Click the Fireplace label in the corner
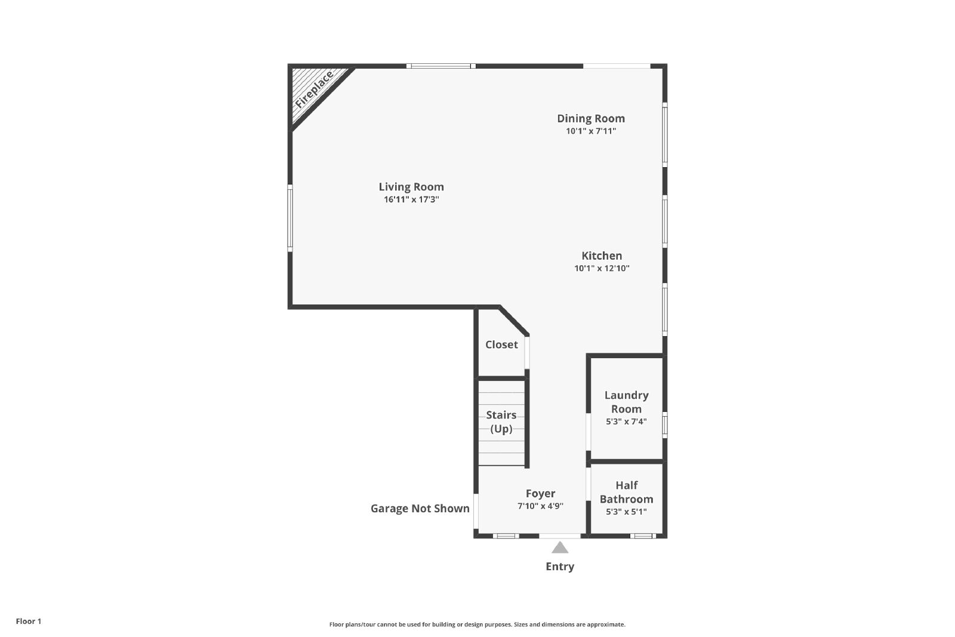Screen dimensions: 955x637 point(314,90)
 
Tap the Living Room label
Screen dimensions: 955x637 point(411,187)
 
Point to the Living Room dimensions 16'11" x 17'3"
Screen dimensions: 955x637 point(411,199)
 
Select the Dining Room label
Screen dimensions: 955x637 point(591,119)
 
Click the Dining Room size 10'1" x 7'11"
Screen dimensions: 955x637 point(591,131)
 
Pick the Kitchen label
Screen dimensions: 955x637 point(602,256)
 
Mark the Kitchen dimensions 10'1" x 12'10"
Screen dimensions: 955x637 point(602,268)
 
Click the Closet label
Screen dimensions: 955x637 point(501,344)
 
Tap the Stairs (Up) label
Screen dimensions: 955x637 point(501,421)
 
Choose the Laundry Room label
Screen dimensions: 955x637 point(626,402)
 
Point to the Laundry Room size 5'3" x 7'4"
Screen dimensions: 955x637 point(626,421)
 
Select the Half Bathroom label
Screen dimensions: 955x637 point(626,492)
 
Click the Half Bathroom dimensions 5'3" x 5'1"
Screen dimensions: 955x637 point(626,512)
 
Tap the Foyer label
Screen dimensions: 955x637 point(540,494)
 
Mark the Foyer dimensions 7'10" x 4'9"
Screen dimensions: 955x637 point(540,506)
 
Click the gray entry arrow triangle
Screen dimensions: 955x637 point(560,548)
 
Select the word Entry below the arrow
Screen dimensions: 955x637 point(560,567)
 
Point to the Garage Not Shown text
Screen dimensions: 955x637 point(420,508)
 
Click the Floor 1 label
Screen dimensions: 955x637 point(29,621)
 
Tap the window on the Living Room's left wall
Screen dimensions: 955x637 point(290,218)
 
